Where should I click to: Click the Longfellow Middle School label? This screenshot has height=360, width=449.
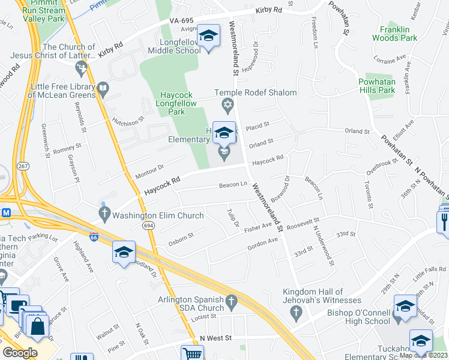(x=180, y=46)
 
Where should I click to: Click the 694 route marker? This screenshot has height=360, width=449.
(x=148, y=226)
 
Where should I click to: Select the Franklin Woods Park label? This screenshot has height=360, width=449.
(x=394, y=34)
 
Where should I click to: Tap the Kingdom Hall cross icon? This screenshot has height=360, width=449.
(x=295, y=312)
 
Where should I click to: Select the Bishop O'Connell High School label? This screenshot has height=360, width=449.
(x=359, y=317)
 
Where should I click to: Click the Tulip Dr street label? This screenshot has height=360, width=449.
(x=234, y=217)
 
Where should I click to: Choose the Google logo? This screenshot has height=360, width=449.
(x=20, y=353)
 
